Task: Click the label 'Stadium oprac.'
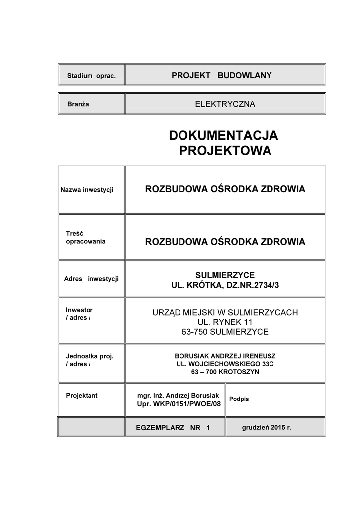point(91,76)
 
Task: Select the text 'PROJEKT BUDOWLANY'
point(221,75)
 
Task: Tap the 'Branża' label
point(78,105)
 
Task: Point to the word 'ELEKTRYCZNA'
point(225,104)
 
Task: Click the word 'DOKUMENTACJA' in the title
point(223,135)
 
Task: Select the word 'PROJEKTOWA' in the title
point(225,151)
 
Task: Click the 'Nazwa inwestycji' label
point(87,190)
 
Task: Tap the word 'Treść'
point(74,233)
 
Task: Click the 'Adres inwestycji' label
point(91,278)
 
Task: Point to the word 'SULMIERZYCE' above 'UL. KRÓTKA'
point(225,275)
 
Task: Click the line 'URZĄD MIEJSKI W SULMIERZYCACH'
point(225,312)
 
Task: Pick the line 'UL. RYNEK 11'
point(225,322)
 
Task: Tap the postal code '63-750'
point(195,332)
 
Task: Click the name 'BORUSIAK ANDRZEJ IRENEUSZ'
point(225,356)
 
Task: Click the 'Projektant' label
point(82,396)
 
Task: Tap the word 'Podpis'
point(239,399)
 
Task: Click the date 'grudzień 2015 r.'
point(267,427)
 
